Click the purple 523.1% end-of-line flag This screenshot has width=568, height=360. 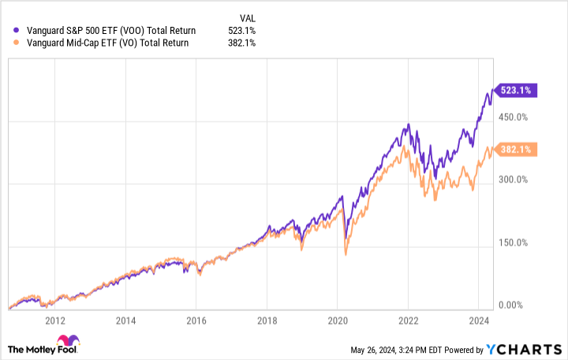pyautogui.click(x=515, y=90)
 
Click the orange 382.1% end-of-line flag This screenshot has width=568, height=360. pyautogui.click(x=515, y=148)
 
